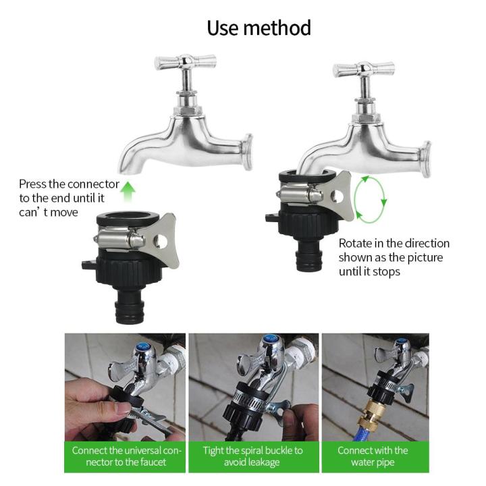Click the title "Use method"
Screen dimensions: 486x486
[259, 28]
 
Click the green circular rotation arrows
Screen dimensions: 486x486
[371, 198]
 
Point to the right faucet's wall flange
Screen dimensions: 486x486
[426, 159]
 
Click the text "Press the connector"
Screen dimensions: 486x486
[69, 184]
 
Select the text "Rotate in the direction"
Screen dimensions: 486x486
[394, 244]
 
